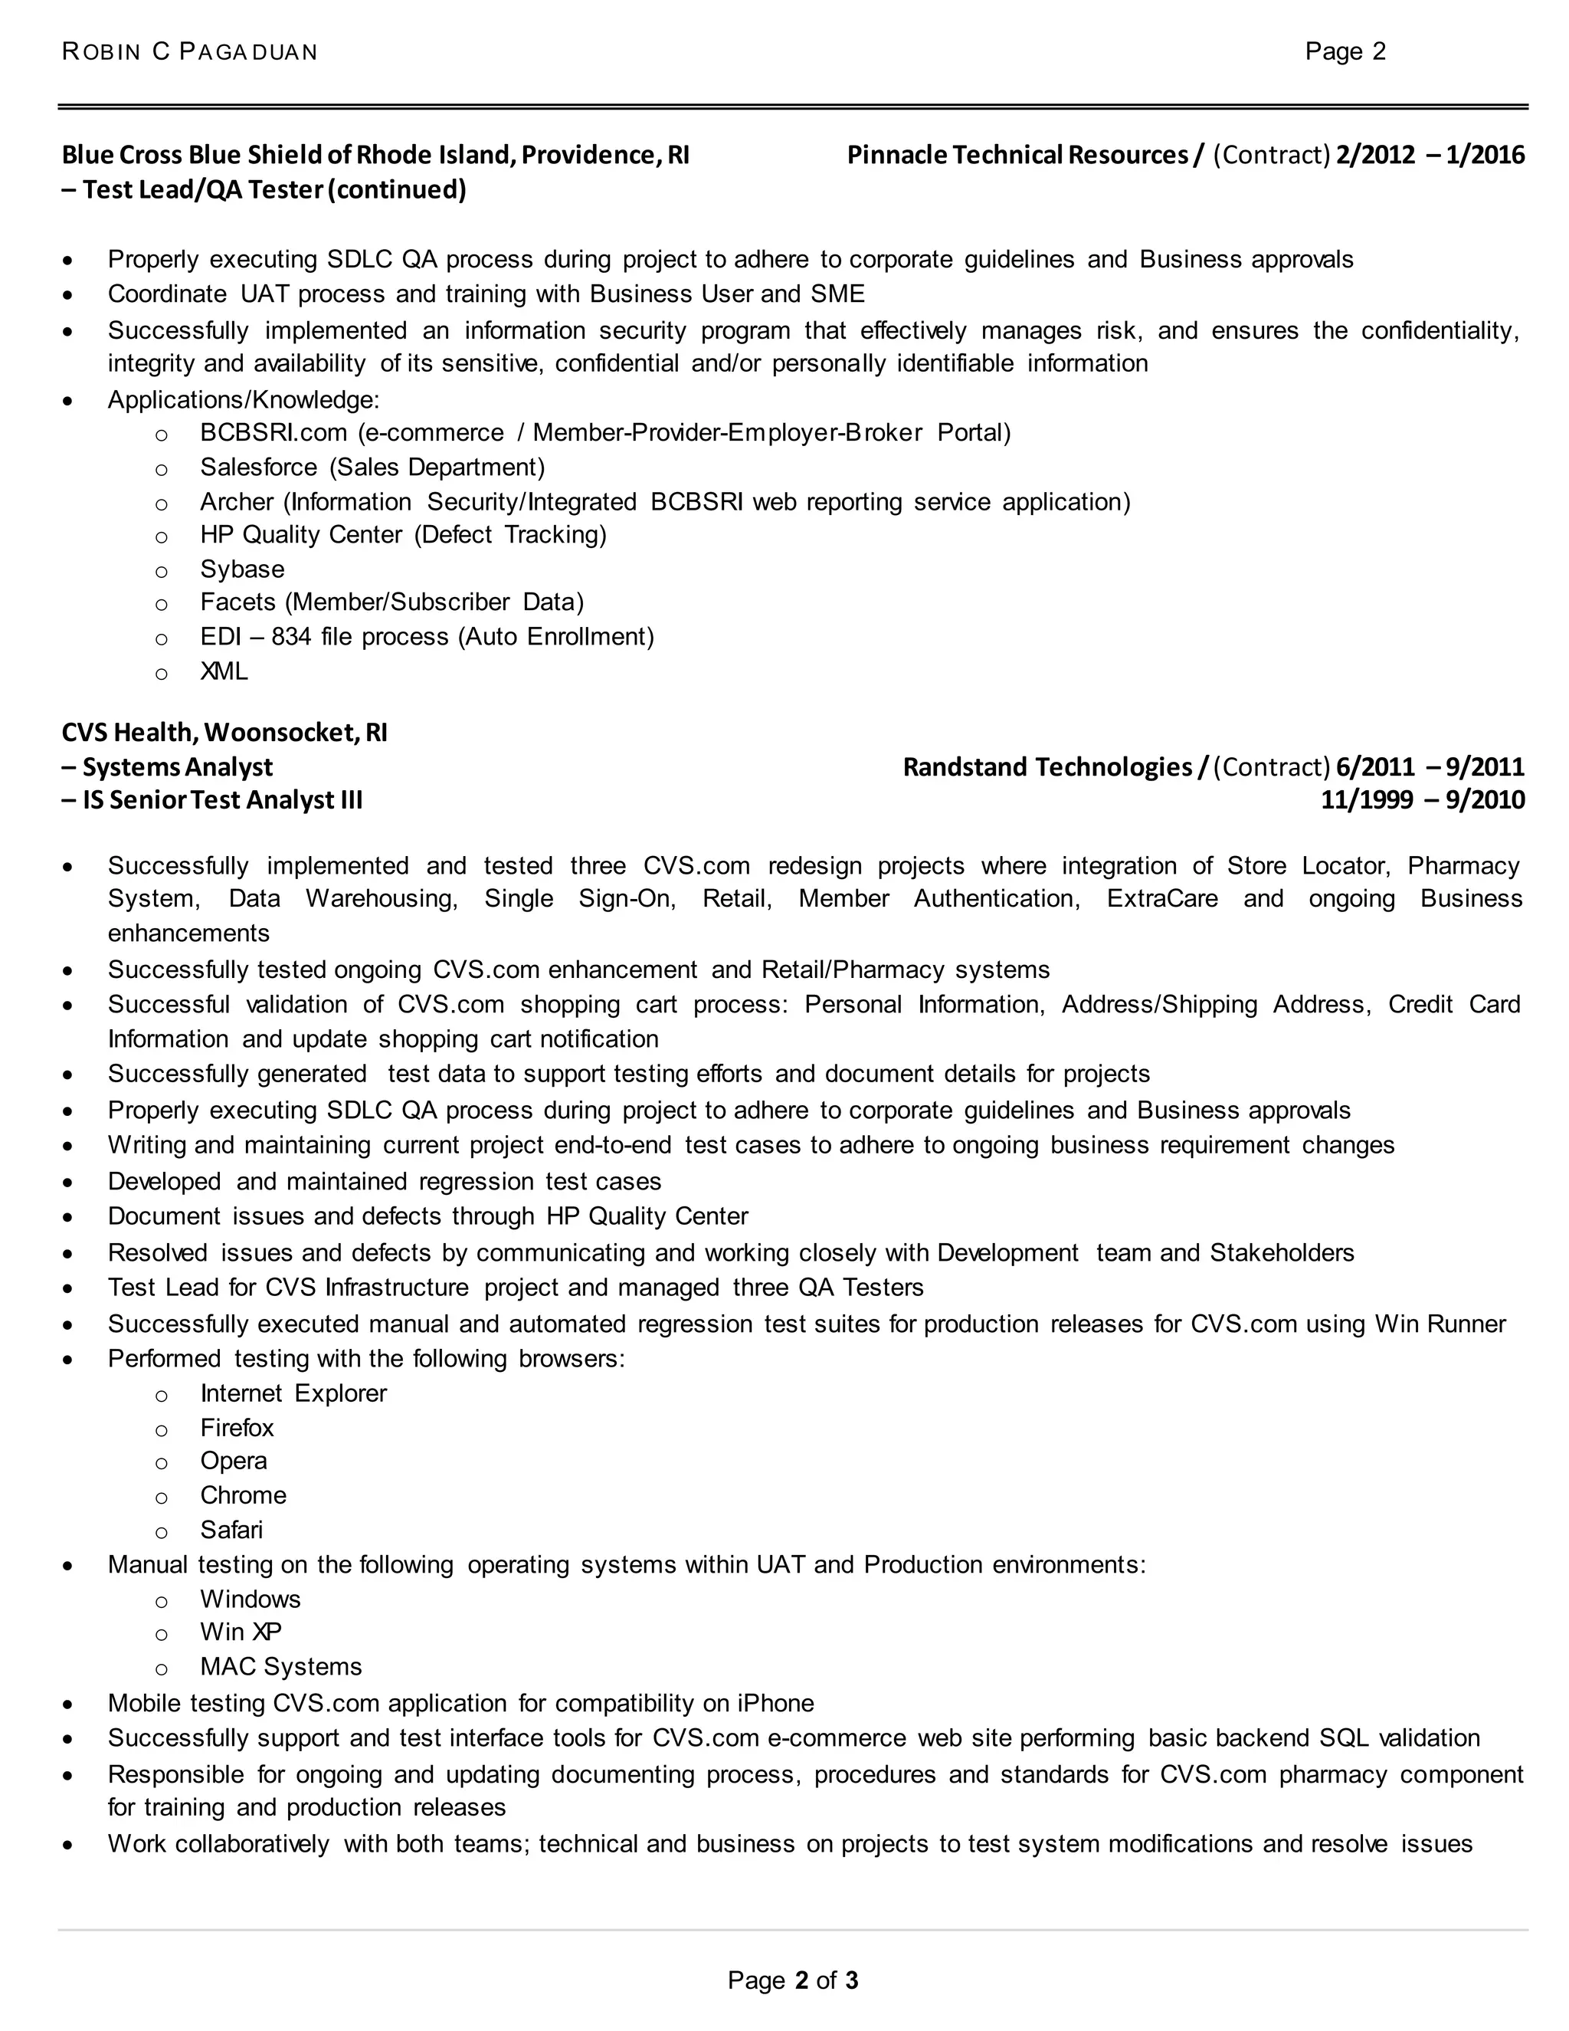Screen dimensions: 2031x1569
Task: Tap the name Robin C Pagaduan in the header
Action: coord(190,52)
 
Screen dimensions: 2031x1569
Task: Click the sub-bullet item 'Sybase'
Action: coord(241,569)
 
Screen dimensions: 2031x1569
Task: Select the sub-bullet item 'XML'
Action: coord(224,671)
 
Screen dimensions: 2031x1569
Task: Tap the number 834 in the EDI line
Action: coord(291,637)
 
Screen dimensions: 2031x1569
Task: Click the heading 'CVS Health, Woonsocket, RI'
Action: coord(224,733)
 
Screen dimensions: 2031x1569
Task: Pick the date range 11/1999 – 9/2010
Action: coord(1422,801)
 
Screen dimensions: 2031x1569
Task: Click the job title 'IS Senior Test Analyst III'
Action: coord(222,801)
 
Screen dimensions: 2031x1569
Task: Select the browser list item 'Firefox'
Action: coord(237,1428)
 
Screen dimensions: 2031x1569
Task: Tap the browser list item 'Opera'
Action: coord(234,1461)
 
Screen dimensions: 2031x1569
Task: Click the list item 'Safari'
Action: coord(231,1530)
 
